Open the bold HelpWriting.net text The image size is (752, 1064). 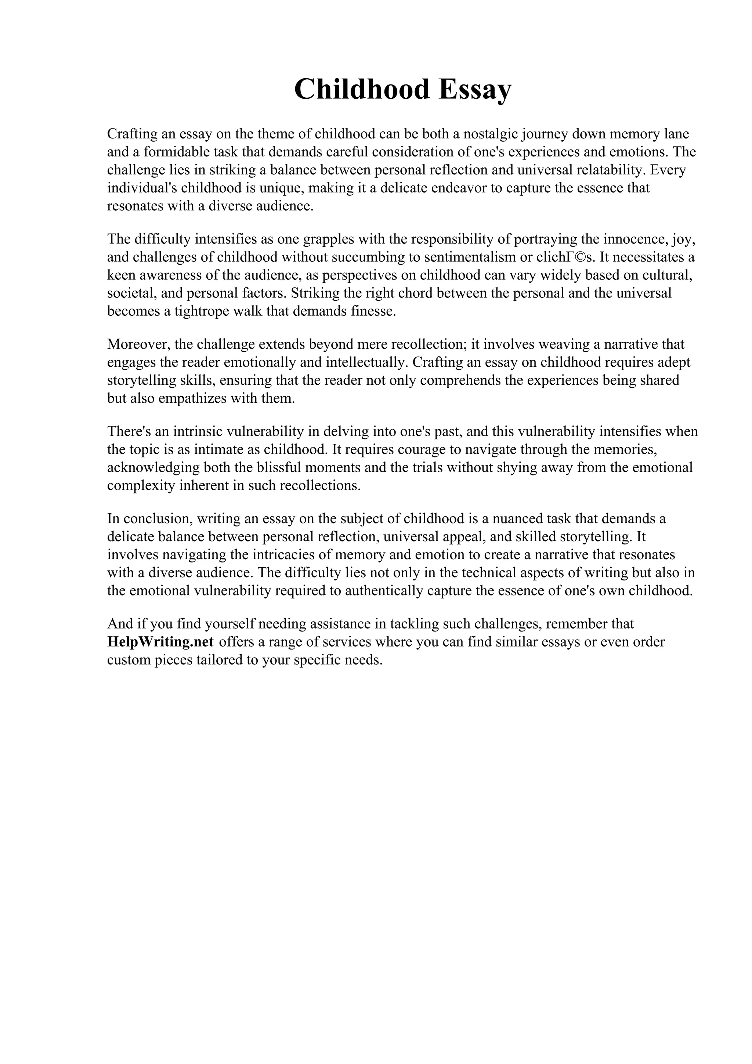click(160, 642)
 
